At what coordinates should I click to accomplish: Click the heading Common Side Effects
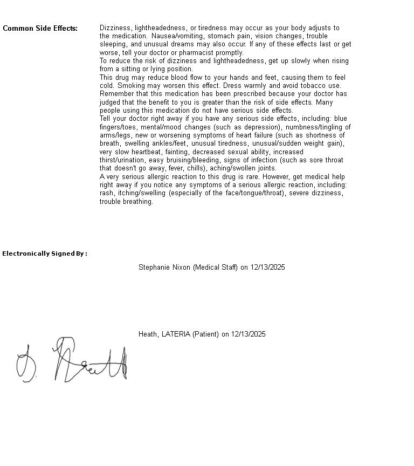click(40, 29)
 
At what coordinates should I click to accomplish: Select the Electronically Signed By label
click(44, 253)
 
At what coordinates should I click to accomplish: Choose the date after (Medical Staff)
click(267, 268)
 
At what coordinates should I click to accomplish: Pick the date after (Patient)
click(248, 334)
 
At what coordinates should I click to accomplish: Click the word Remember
click(116, 94)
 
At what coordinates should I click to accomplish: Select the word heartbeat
click(147, 152)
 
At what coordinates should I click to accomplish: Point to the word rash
click(106, 193)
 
